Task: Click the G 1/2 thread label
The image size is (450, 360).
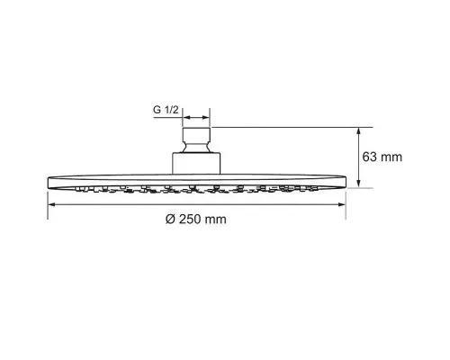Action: (166, 110)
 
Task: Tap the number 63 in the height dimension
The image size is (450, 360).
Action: (369, 157)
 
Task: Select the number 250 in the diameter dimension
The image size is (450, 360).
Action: (190, 220)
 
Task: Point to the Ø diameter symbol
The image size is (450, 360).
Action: (170, 220)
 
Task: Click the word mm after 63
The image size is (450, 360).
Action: (391, 157)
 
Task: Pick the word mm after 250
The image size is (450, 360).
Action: (215, 220)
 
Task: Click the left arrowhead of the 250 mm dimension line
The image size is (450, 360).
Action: (51, 204)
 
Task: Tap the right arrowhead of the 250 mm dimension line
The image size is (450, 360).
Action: (342, 204)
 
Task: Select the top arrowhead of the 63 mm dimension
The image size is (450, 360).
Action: (358, 131)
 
